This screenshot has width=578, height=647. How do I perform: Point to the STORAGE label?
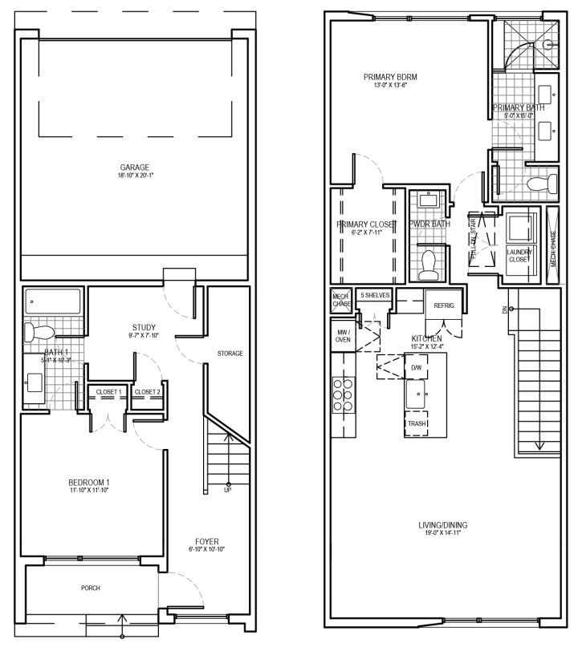(230, 354)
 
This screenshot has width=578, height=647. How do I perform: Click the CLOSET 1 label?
(108, 391)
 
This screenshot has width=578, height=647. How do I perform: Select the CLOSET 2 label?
(148, 391)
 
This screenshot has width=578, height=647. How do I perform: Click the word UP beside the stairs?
(229, 491)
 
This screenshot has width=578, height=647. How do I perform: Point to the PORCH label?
(90, 588)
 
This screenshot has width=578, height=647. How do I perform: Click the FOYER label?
(206, 541)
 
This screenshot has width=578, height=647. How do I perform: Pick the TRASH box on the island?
(417, 423)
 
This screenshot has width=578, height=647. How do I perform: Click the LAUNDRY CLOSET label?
(519, 256)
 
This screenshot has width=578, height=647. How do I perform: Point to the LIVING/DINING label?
(442, 526)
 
